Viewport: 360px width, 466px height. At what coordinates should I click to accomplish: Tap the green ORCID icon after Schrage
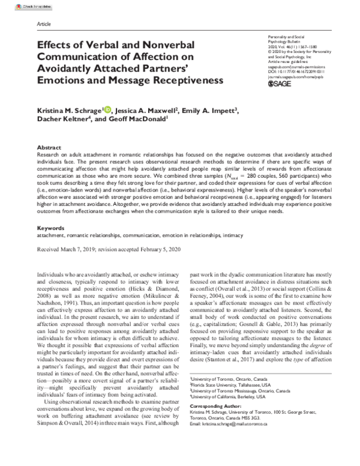point(107,109)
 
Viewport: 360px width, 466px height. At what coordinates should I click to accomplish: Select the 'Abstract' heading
point(49,147)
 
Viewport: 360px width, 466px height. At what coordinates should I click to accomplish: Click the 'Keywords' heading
point(50,229)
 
